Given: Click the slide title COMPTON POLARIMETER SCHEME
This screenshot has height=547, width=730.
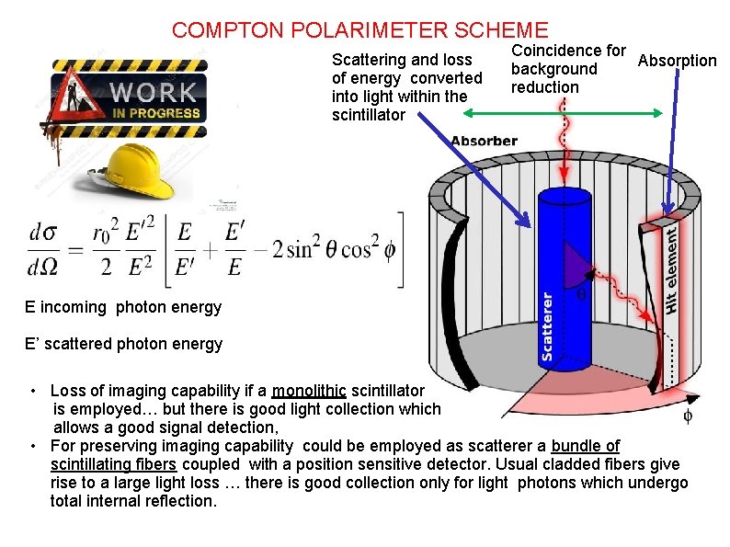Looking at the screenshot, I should point(359,30).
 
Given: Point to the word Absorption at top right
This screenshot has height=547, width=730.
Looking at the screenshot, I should point(677,61).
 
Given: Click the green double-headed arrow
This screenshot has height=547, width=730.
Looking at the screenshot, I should point(563,113).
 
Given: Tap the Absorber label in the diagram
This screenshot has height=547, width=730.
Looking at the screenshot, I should point(484,141).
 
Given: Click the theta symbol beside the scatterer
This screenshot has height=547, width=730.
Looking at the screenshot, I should point(581,294).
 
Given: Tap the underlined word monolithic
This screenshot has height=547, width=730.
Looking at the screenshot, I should point(309,391).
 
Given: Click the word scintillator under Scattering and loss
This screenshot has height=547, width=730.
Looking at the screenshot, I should point(369,115).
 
